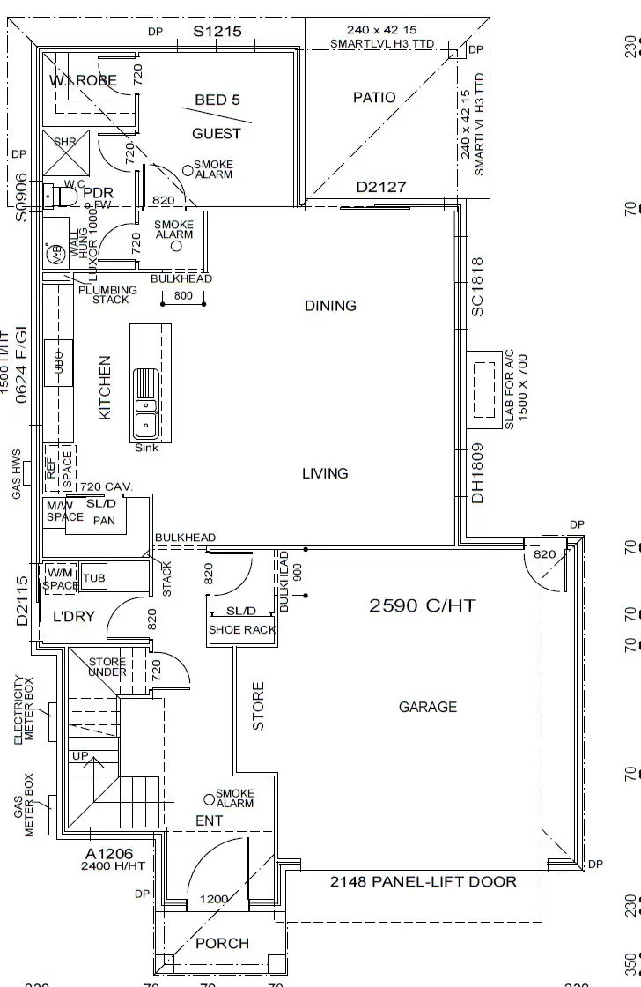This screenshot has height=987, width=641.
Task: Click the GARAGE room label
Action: point(428,707)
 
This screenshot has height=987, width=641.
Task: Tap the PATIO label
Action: point(374,98)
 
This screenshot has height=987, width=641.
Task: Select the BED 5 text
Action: point(217,100)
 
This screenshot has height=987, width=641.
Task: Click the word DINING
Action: point(330,306)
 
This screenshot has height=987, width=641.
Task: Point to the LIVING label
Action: point(325,473)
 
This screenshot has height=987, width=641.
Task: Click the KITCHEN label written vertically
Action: point(106,387)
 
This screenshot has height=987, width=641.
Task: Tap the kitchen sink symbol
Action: point(146,405)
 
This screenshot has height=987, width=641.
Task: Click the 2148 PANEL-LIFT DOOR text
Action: point(423,881)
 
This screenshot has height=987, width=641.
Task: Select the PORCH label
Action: point(222,943)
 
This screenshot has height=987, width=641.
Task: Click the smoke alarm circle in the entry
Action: point(209,799)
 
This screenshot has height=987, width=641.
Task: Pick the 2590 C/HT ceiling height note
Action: point(422,605)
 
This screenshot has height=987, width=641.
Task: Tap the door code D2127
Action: point(380,188)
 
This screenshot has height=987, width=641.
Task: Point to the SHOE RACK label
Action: point(242,630)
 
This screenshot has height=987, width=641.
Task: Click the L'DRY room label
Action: point(74,617)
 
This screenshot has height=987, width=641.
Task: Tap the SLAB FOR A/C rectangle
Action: point(483,386)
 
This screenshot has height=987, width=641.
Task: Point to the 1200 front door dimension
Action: point(214,899)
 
